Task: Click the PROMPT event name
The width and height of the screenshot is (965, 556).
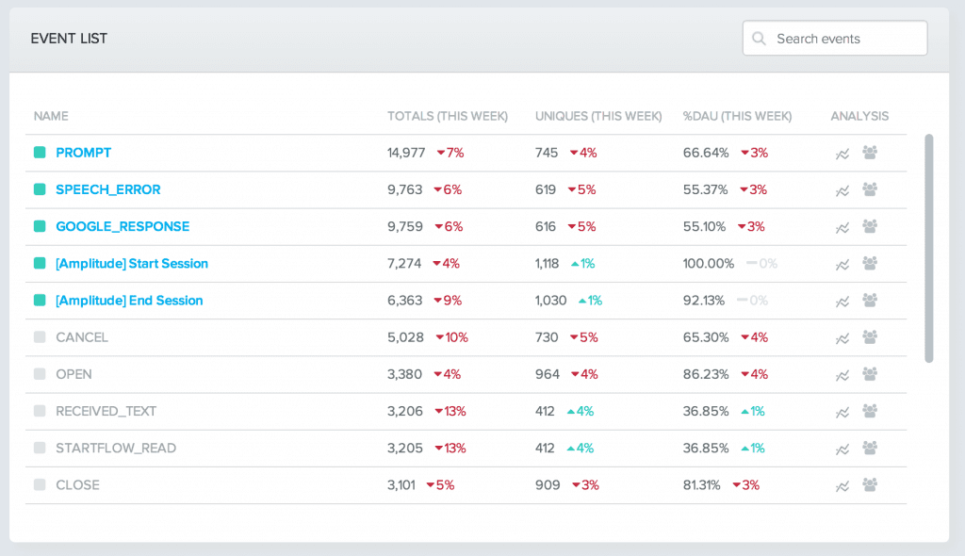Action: pos(83,153)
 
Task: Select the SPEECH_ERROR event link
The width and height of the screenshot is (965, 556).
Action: pos(107,189)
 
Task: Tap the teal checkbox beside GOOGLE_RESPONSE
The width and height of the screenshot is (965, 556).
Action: pos(40,226)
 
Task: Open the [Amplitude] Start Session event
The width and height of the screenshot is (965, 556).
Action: pos(131,264)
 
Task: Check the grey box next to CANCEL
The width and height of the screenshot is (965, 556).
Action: pos(40,337)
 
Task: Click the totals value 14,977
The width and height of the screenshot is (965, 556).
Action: pos(406,153)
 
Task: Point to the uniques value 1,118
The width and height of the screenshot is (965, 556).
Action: pos(547,264)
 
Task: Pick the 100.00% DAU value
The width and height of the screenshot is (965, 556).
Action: pos(708,264)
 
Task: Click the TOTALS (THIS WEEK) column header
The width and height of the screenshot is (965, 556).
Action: pos(447,116)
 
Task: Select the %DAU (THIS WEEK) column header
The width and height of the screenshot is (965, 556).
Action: pos(737,116)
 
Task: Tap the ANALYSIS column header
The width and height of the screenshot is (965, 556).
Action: pos(859,116)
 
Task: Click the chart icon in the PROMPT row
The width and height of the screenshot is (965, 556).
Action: pos(842,154)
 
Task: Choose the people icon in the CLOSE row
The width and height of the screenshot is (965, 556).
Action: pos(870,484)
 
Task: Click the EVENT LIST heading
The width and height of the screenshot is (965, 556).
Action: pos(69,39)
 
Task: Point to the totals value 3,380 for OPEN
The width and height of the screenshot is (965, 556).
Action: pos(405,374)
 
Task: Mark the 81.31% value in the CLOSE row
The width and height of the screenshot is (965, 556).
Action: pos(701,485)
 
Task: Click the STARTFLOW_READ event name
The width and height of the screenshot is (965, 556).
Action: pos(116,449)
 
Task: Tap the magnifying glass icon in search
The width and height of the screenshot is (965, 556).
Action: pos(759,39)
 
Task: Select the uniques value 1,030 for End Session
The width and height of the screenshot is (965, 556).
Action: pos(550,301)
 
